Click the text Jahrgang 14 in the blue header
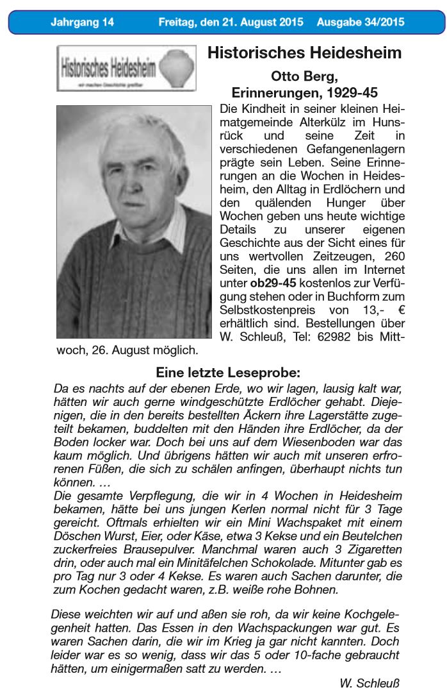[x=82, y=22]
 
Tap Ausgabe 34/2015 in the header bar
[x=360, y=22]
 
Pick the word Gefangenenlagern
[x=354, y=149]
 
